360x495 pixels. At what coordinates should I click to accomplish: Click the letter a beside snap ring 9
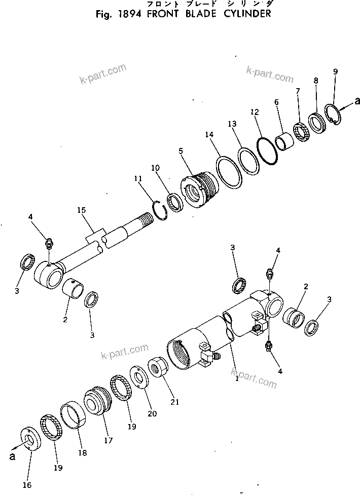[357, 102]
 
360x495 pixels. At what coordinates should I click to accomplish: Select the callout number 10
[155, 168]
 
